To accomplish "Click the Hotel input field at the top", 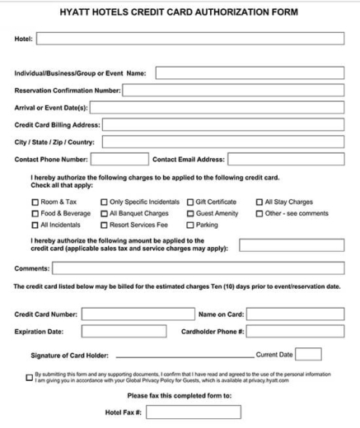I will point(189,39).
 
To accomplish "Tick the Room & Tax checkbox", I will point(35,202).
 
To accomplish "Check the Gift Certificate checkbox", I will point(190,202).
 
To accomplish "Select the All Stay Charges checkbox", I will point(258,202).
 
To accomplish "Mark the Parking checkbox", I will point(190,225).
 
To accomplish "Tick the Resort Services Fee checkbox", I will point(104,225).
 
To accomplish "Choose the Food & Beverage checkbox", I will point(35,213).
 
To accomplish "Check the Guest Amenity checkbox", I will point(190,213).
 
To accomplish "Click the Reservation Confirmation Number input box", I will point(233,91).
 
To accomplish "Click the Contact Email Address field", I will point(285,159).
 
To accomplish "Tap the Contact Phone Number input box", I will point(119,159).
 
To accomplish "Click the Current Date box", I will point(308,355).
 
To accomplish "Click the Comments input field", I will point(198,268).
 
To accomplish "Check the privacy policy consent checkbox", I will point(30,377).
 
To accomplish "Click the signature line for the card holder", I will point(185,356).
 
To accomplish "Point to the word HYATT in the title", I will point(77,12).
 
